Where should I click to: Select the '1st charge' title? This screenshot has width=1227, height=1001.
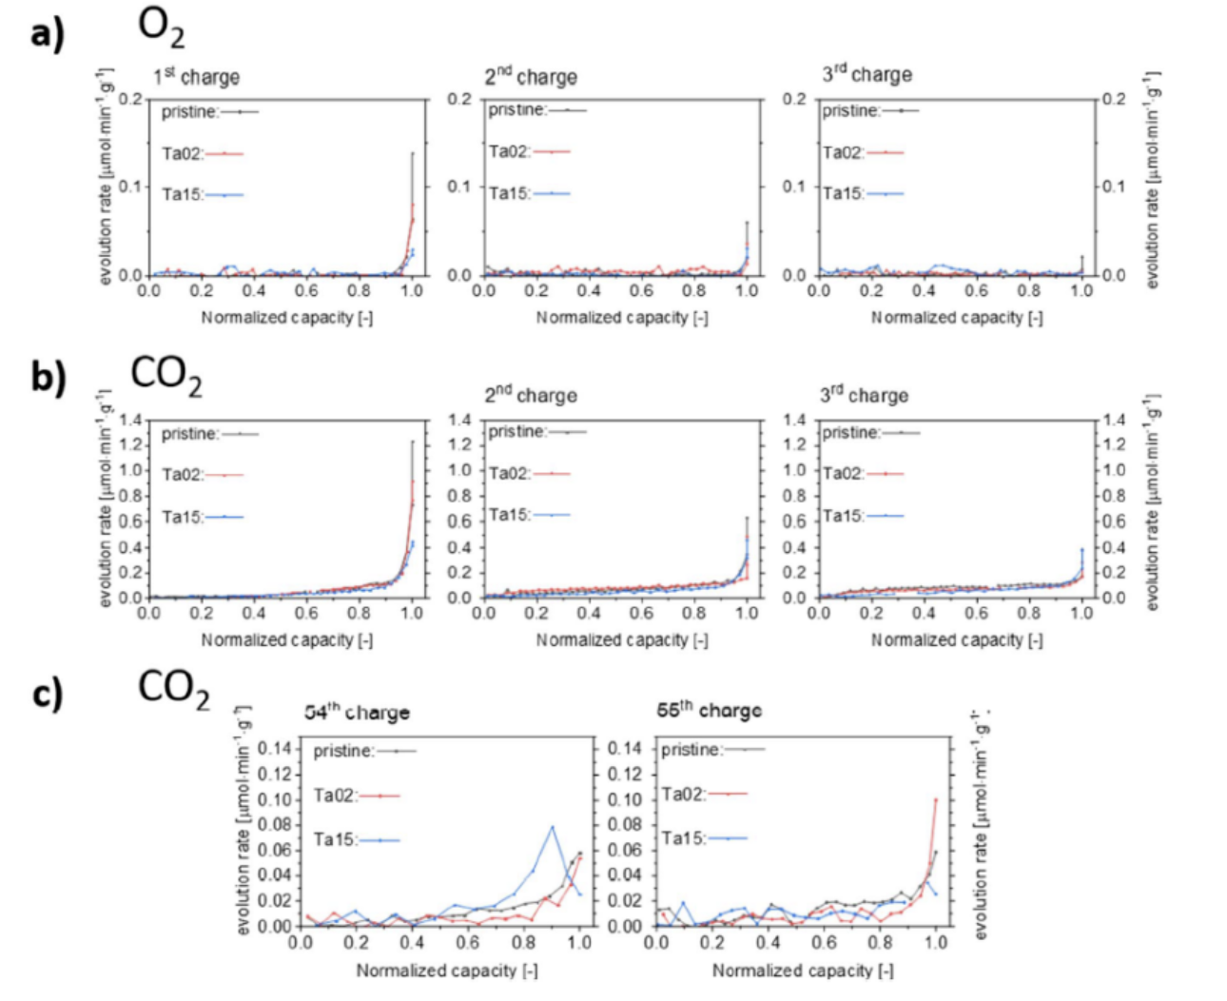pyautogui.click(x=197, y=76)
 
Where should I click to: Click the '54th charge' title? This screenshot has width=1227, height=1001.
pyautogui.click(x=357, y=712)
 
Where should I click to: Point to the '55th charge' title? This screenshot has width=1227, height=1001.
pyautogui.click(x=709, y=711)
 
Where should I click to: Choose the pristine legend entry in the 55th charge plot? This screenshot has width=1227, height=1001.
pyautogui.click(x=712, y=750)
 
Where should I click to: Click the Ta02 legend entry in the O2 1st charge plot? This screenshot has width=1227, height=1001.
pyautogui.click(x=202, y=153)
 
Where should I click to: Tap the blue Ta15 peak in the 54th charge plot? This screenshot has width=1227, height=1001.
pyautogui.click(x=552, y=826)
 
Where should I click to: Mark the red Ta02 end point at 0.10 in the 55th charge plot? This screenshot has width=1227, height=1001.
pyautogui.click(x=936, y=799)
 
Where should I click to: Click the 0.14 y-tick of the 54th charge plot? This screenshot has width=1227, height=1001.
pyautogui.click(x=277, y=748)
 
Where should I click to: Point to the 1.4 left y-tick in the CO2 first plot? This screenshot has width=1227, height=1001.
pyautogui.click(x=131, y=420)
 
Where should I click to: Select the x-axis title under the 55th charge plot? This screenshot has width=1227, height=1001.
pyautogui.click(x=803, y=971)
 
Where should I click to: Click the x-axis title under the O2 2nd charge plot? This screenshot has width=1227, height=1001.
pyautogui.click(x=622, y=318)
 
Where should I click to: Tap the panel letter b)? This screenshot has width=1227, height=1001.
pyautogui.click(x=48, y=377)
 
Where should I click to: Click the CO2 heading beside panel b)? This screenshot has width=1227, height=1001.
pyautogui.click(x=166, y=375)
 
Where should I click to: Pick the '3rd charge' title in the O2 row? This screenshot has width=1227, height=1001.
pyautogui.click(x=867, y=74)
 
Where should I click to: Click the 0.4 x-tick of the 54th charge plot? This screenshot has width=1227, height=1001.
pyautogui.click(x=412, y=943)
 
